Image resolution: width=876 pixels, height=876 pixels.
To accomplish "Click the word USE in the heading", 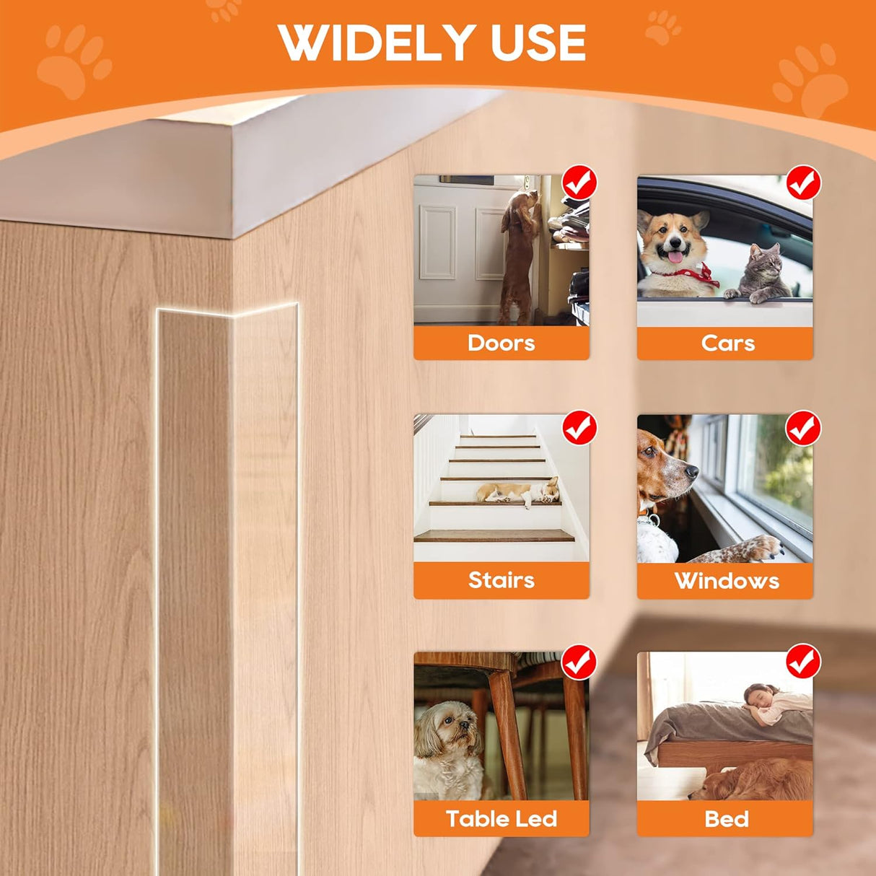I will click(538, 43).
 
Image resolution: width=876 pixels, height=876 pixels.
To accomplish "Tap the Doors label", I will click(501, 343).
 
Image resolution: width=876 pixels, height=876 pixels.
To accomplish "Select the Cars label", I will click(727, 343).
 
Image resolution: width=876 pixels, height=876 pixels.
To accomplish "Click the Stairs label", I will click(501, 580).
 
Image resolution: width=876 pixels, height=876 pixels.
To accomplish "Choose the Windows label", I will click(727, 581).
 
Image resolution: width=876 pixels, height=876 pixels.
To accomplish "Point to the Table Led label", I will click(501, 818).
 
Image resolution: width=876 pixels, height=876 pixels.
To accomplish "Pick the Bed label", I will click(727, 819).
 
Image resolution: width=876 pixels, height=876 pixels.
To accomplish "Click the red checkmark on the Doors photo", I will click(579, 183).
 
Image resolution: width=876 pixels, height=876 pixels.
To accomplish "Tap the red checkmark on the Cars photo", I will click(803, 183).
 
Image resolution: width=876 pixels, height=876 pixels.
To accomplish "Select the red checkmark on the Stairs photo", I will click(579, 428).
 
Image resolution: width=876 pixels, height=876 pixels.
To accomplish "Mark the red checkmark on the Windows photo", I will click(803, 428).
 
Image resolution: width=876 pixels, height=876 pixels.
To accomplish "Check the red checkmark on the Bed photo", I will click(803, 662).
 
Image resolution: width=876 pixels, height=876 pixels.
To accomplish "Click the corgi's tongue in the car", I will click(675, 258).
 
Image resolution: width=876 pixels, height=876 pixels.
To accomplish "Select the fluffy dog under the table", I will click(447, 747).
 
